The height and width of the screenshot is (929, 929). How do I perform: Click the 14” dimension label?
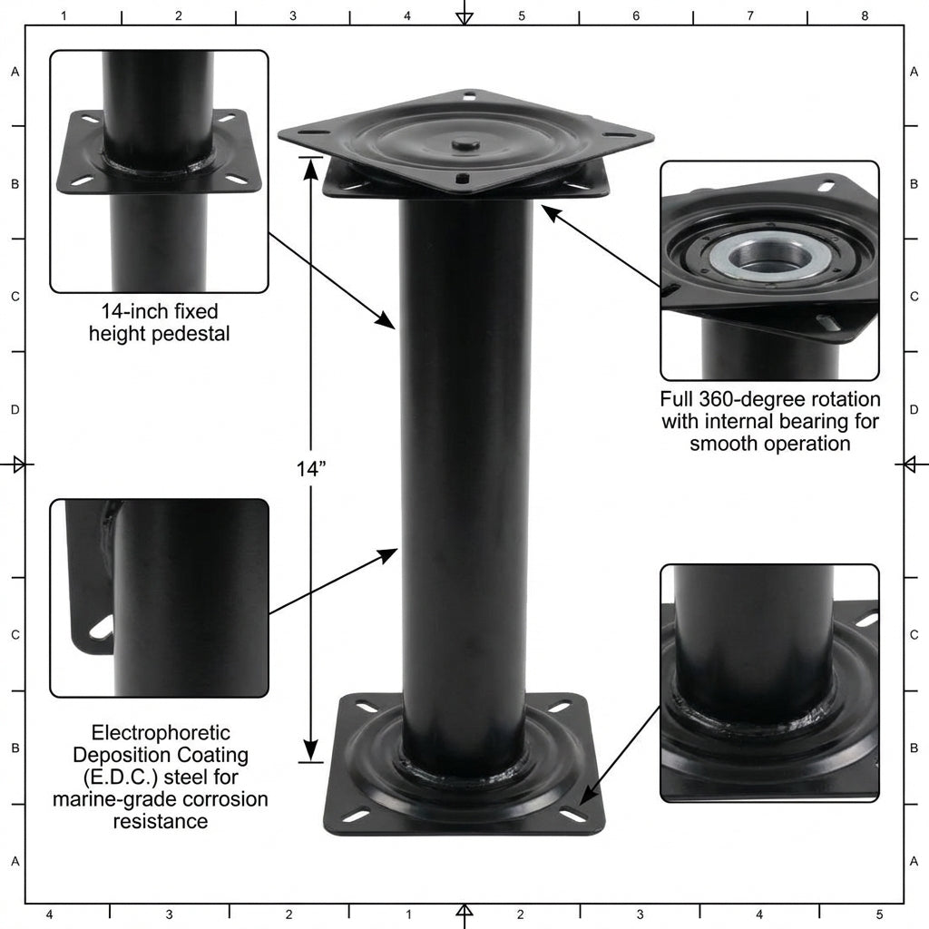(x=310, y=469)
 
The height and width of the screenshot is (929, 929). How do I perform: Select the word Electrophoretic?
(x=149, y=732)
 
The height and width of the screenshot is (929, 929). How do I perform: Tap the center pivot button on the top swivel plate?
(x=465, y=143)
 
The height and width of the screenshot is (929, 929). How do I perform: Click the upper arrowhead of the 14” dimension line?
(x=310, y=166)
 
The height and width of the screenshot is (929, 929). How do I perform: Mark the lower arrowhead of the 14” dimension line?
(x=310, y=751)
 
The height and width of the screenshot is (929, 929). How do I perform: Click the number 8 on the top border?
(x=865, y=15)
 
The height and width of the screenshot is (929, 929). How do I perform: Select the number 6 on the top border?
(x=636, y=15)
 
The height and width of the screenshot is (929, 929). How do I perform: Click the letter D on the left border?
(x=15, y=410)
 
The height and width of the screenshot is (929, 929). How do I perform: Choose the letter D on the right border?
(x=914, y=410)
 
